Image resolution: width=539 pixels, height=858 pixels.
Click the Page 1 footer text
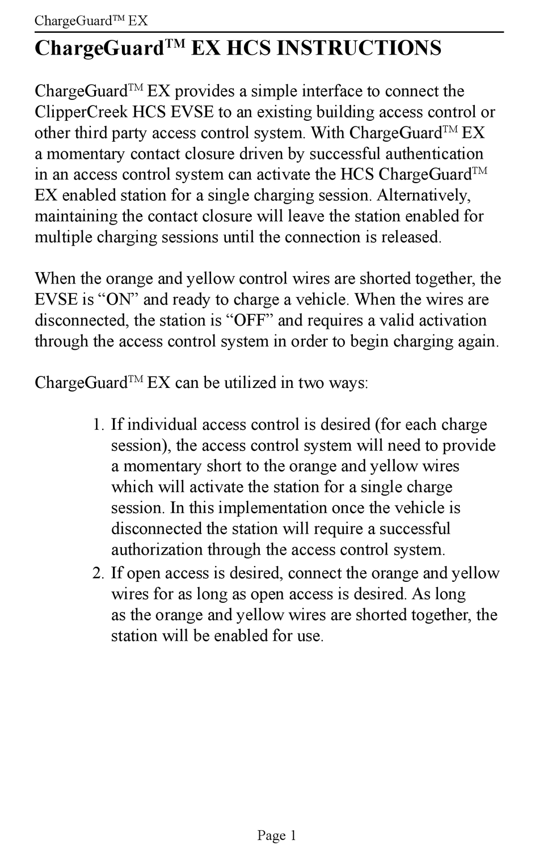click(276, 835)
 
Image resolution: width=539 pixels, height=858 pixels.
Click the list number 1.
click(98, 425)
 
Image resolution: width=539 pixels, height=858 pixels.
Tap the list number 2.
click(98, 573)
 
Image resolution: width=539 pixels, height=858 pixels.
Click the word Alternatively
click(423, 195)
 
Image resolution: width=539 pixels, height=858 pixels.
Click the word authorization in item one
click(157, 550)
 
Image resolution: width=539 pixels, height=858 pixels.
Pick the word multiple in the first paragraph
click(64, 237)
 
